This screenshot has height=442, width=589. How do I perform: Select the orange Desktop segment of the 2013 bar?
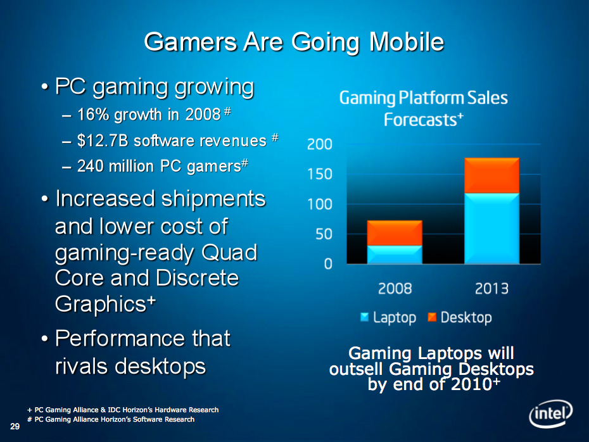coord(491,175)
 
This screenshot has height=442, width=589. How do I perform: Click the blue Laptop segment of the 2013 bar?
coord(491,228)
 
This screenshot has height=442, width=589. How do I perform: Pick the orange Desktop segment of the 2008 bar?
coord(395,233)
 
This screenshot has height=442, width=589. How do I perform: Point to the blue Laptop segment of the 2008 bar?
coord(395,254)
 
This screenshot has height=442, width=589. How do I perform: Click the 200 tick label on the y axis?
coord(319,144)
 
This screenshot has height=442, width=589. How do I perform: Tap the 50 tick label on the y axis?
coord(322,234)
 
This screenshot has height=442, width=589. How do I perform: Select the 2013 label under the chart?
coord(491,289)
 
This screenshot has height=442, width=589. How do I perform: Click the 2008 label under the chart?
coord(395,289)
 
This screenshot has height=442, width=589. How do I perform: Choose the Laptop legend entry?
coord(388,317)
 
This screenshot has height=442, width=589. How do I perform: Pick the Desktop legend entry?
coord(460,317)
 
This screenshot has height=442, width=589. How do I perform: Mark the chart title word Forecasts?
coord(415,120)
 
